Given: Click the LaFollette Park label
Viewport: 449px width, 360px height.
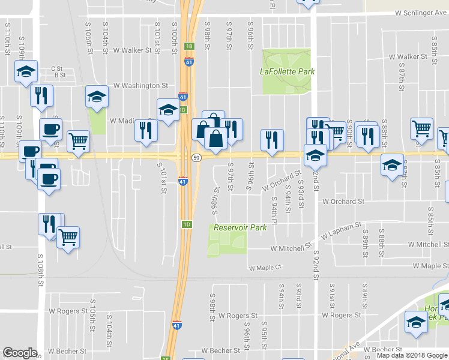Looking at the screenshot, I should (x=287, y=71).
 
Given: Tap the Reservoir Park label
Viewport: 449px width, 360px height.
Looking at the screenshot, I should (x=240, y=228).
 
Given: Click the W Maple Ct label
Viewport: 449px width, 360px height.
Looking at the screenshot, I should (x=265, y=268).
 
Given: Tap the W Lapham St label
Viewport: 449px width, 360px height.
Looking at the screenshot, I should (x=340, y=230).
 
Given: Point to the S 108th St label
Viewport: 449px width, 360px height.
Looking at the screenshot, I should (x=41, y=275).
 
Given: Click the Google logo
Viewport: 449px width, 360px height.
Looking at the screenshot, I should (x=20, y=353).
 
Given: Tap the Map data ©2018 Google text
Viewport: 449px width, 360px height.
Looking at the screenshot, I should (x=412, y=355).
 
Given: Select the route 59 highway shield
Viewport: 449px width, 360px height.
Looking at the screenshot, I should (x=196, y=157).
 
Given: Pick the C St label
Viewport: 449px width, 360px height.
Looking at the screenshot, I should (x=57, y=68).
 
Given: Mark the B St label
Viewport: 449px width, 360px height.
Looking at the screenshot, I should (x=59, y=76).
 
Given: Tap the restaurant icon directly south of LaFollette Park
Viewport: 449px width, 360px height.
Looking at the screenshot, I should (x=272, y=140).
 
